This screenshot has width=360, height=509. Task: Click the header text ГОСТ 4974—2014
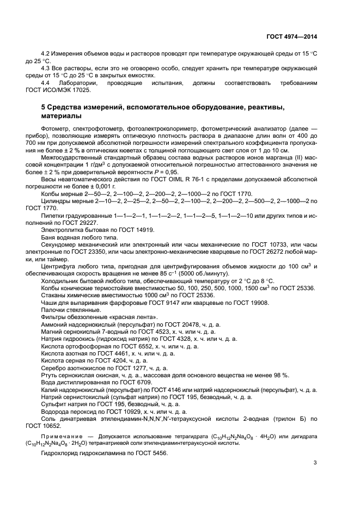[x=291, y=36]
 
